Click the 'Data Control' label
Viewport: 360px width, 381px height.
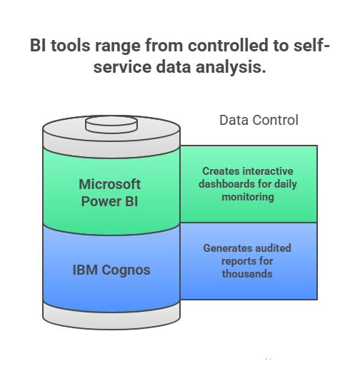click(x=259, y=120)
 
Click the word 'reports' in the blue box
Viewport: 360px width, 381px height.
click(x=231, y=260)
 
